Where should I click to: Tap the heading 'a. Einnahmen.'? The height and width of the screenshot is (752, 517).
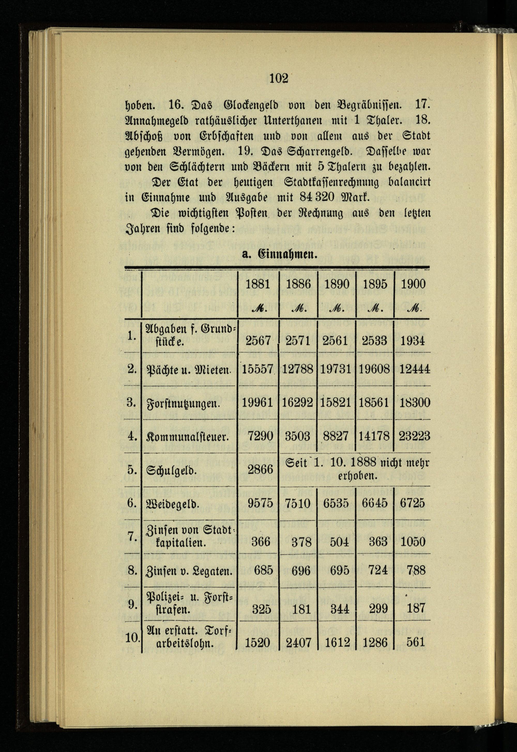click(x=279, y=254)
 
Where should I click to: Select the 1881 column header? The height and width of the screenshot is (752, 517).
click(x=258, y=284)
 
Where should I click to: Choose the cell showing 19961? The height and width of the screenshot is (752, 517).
click(x=258, y=403)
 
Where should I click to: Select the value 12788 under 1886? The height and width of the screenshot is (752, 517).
click(x=297, y=369)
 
